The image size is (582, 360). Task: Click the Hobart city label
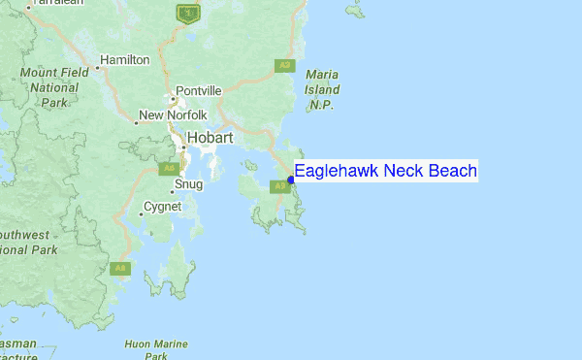tap(210, 138)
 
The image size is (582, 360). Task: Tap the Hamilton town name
tap(125, 60)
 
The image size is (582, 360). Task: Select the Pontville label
tap(199, 91)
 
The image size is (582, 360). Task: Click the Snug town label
tap(188, 184)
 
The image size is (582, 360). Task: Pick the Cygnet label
tap(162, 207)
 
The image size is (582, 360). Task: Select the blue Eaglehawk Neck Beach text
tap(385, 172)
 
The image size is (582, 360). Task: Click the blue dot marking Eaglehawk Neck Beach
tap(291, 179)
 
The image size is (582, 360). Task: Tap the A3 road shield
tap(284, 66)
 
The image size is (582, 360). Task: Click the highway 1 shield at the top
tap(186, 13)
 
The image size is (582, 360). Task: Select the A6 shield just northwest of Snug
tap(167, 169)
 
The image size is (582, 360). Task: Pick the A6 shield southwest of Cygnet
tap(120, 269)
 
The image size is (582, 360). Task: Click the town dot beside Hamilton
tap(97, 68)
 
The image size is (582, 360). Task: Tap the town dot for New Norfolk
tap(136, 123)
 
